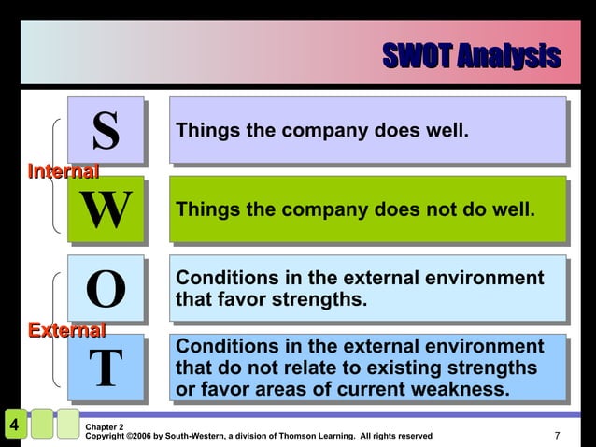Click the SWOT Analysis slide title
pyautogui.click(x=471, y=56)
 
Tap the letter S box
pyautogui.click(x=105, y=130)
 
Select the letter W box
pyautogui.click(x=105, y=209)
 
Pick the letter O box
pyautogui.click(x=105, y=288)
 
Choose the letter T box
pyautogui.click(x=105, y=368)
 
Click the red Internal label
pyautogui.click(x=63, y=172)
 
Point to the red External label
pyautogui.click(x=65, y=330)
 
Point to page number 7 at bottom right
pyautogui.click(x=557, y=435)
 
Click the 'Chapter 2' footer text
pyautogui.click(x=104, y=426)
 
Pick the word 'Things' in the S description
pyautogui.click(x=205, y=130)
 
